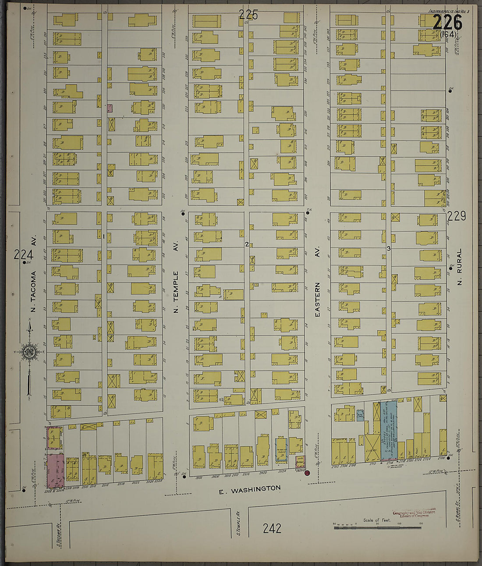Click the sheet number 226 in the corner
tap(447, 22)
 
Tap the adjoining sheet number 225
tap(248, 15)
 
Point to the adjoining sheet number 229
tap(457, 216)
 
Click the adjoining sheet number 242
tap(272, 528)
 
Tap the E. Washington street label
tap(250, 489)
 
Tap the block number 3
tap(388, 248)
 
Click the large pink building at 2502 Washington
tap(55, 470)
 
